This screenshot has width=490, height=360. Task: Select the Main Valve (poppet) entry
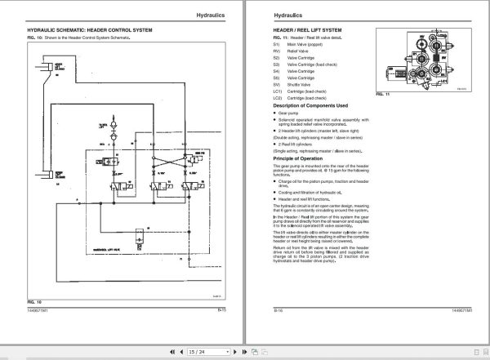pos(310,43)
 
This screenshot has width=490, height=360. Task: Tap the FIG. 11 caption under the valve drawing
pos(380,94)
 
